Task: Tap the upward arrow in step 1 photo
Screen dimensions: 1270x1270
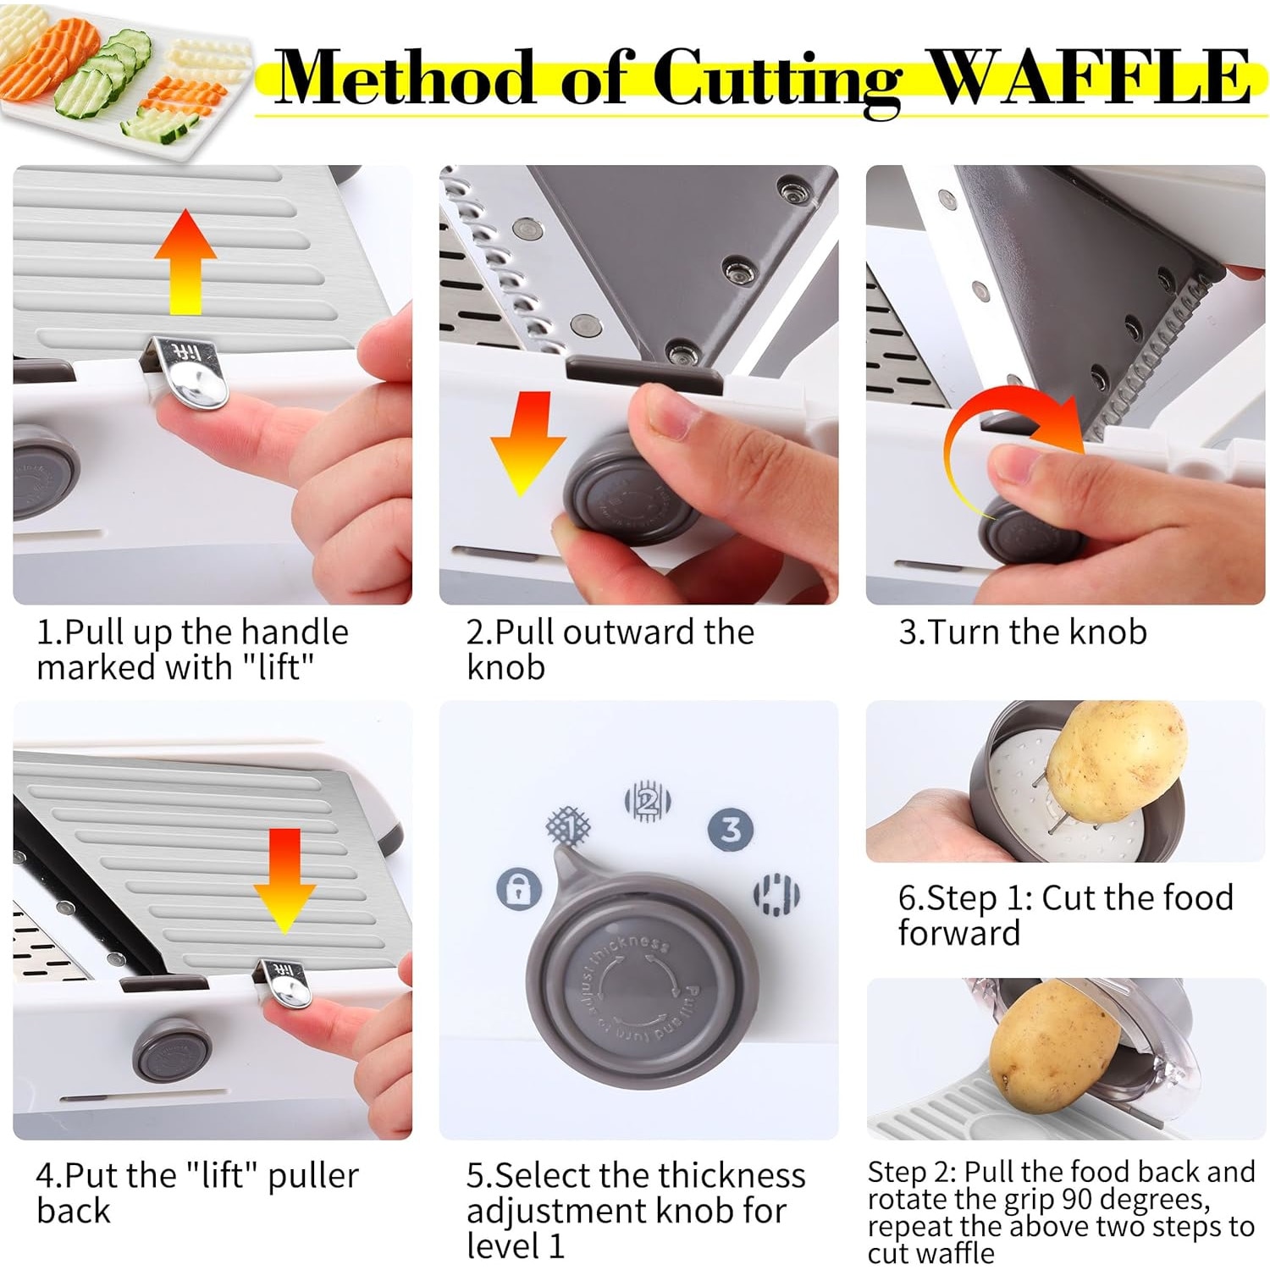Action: point(185,263)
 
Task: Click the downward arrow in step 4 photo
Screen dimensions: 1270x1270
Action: point(284,881)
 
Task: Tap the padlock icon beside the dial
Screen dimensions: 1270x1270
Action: point(519,888)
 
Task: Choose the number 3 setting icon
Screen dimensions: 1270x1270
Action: point(731,829)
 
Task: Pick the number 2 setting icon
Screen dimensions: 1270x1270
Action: point(648,801)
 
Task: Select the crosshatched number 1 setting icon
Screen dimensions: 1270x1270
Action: point(569,825)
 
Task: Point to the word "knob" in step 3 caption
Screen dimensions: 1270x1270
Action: point(1107,632)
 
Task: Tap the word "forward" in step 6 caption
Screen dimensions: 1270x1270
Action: point(958,933)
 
